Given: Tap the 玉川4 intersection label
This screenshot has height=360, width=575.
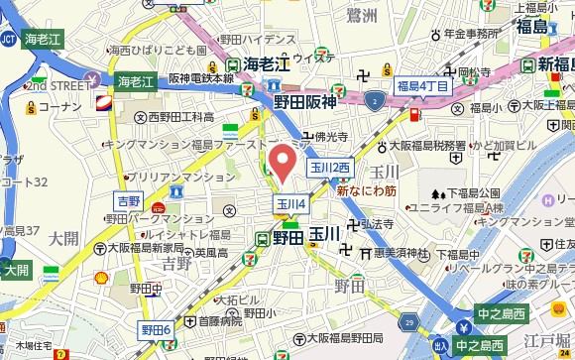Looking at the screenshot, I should (290, 204).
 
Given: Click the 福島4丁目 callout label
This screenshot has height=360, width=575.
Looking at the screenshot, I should (422, 86).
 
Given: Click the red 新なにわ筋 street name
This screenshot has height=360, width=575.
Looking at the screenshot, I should (367, 189).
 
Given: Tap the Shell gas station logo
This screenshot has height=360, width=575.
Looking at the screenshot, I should (101, 279).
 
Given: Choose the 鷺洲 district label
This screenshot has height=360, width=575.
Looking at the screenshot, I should (363, 14).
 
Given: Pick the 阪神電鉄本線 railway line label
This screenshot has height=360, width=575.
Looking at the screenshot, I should (202, 77).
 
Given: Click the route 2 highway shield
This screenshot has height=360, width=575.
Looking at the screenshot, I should (373, 100).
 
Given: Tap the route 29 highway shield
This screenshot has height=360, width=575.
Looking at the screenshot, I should (410, 323).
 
